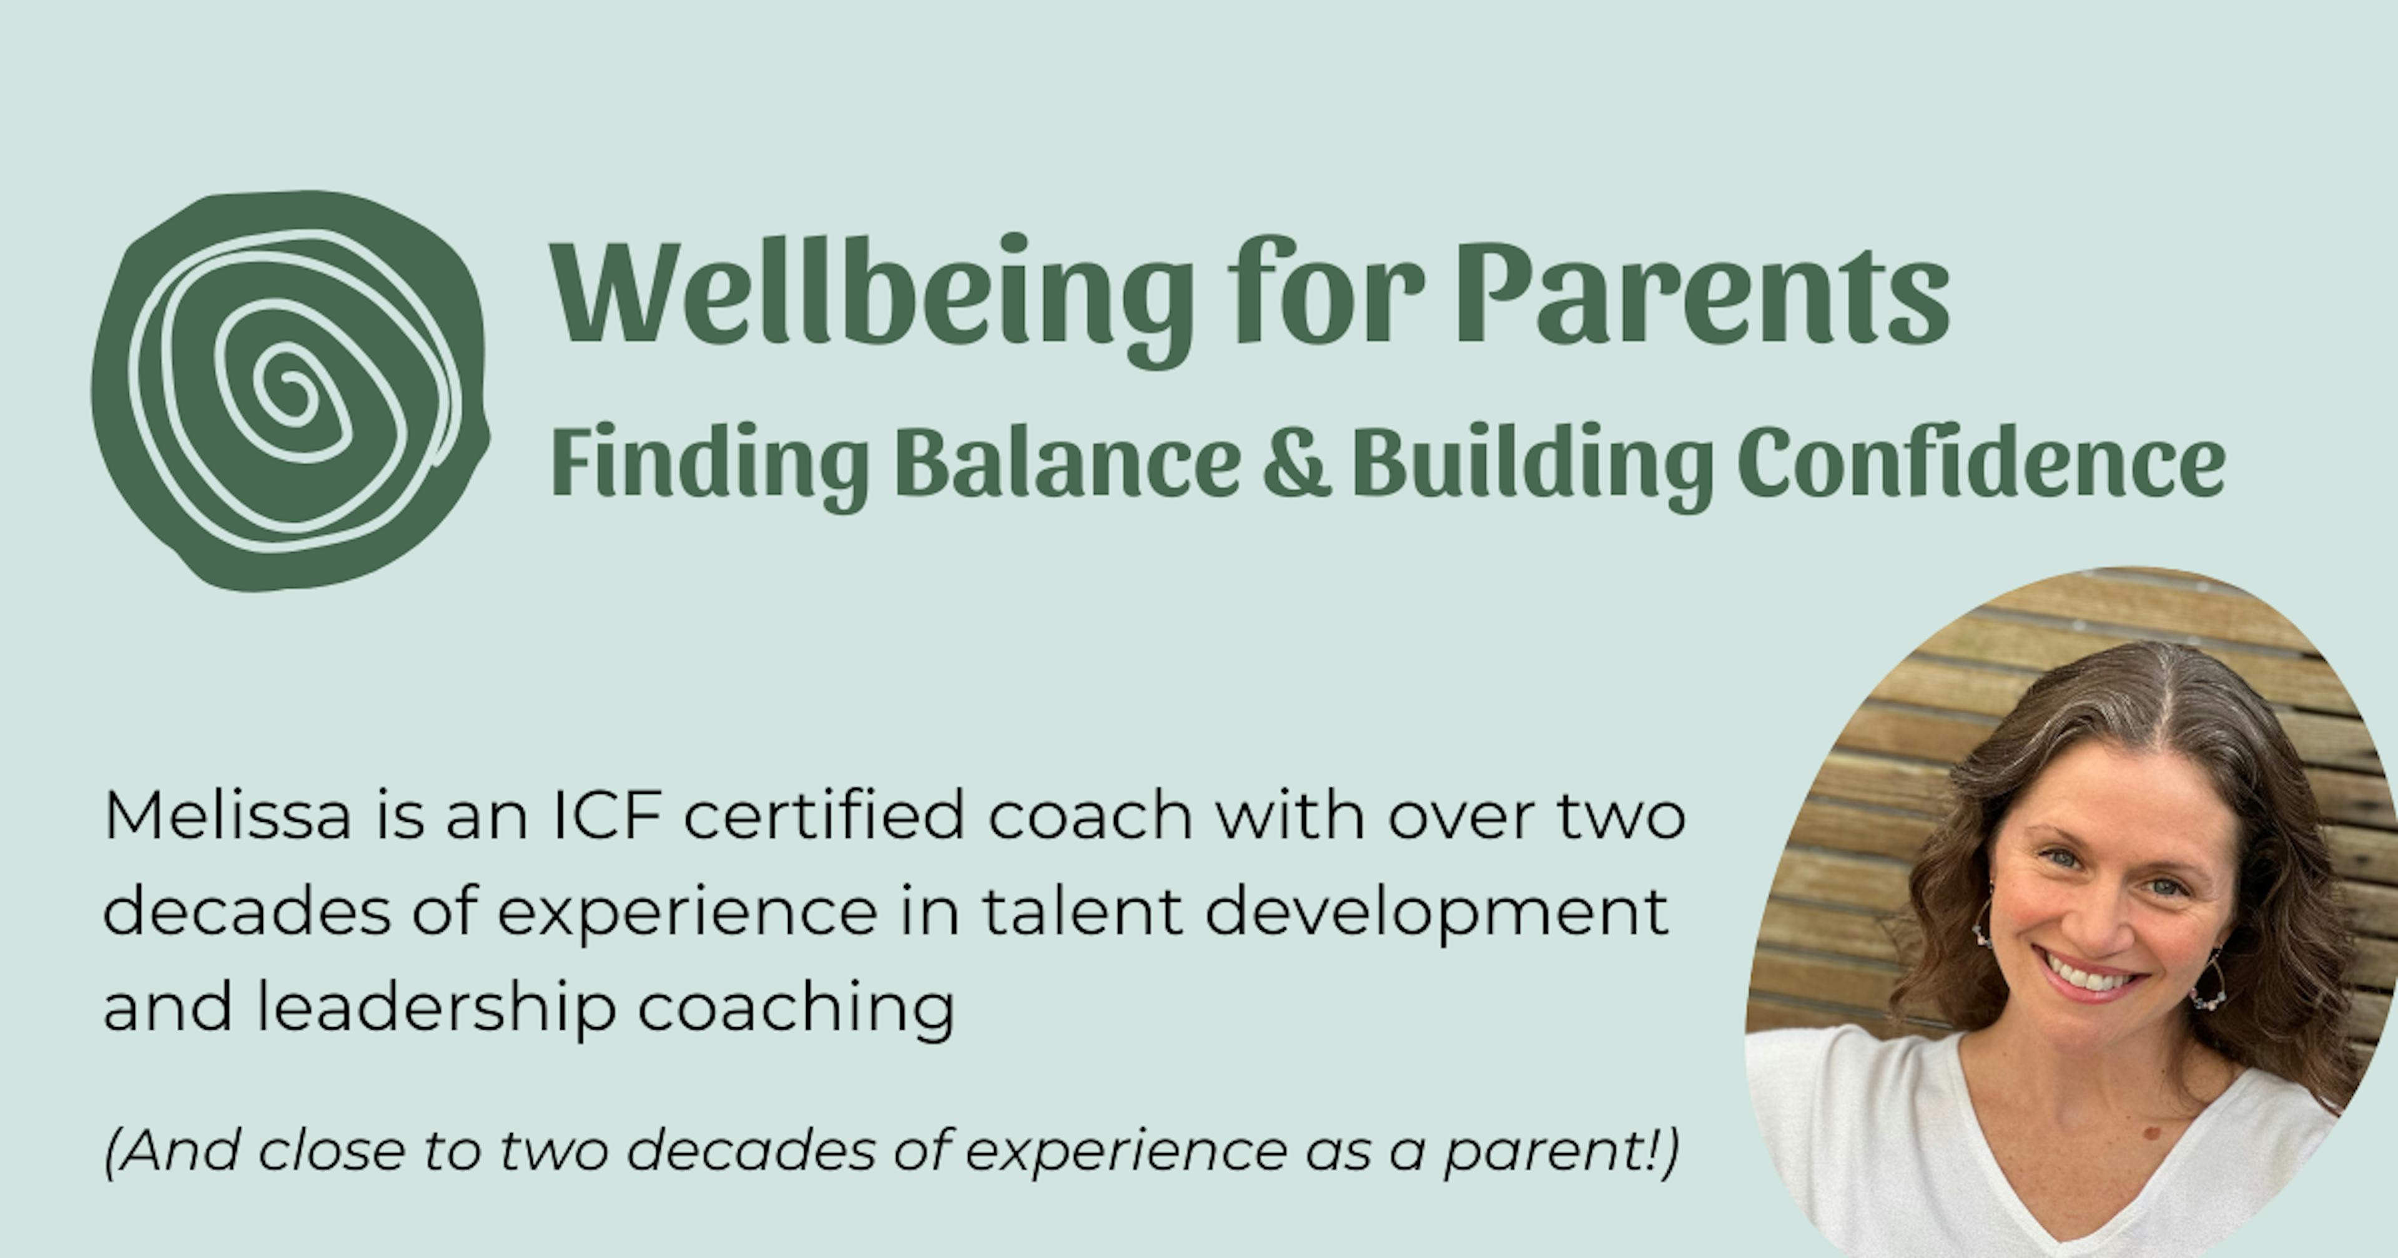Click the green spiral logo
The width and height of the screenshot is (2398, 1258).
tap(290, 391)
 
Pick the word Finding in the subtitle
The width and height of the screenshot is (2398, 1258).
tap(710, 466)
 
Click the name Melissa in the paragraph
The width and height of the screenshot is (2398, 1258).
tap(228, 815)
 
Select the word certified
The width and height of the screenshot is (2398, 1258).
tap(825, 815)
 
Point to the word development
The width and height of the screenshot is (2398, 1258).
tap(1436, 915)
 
